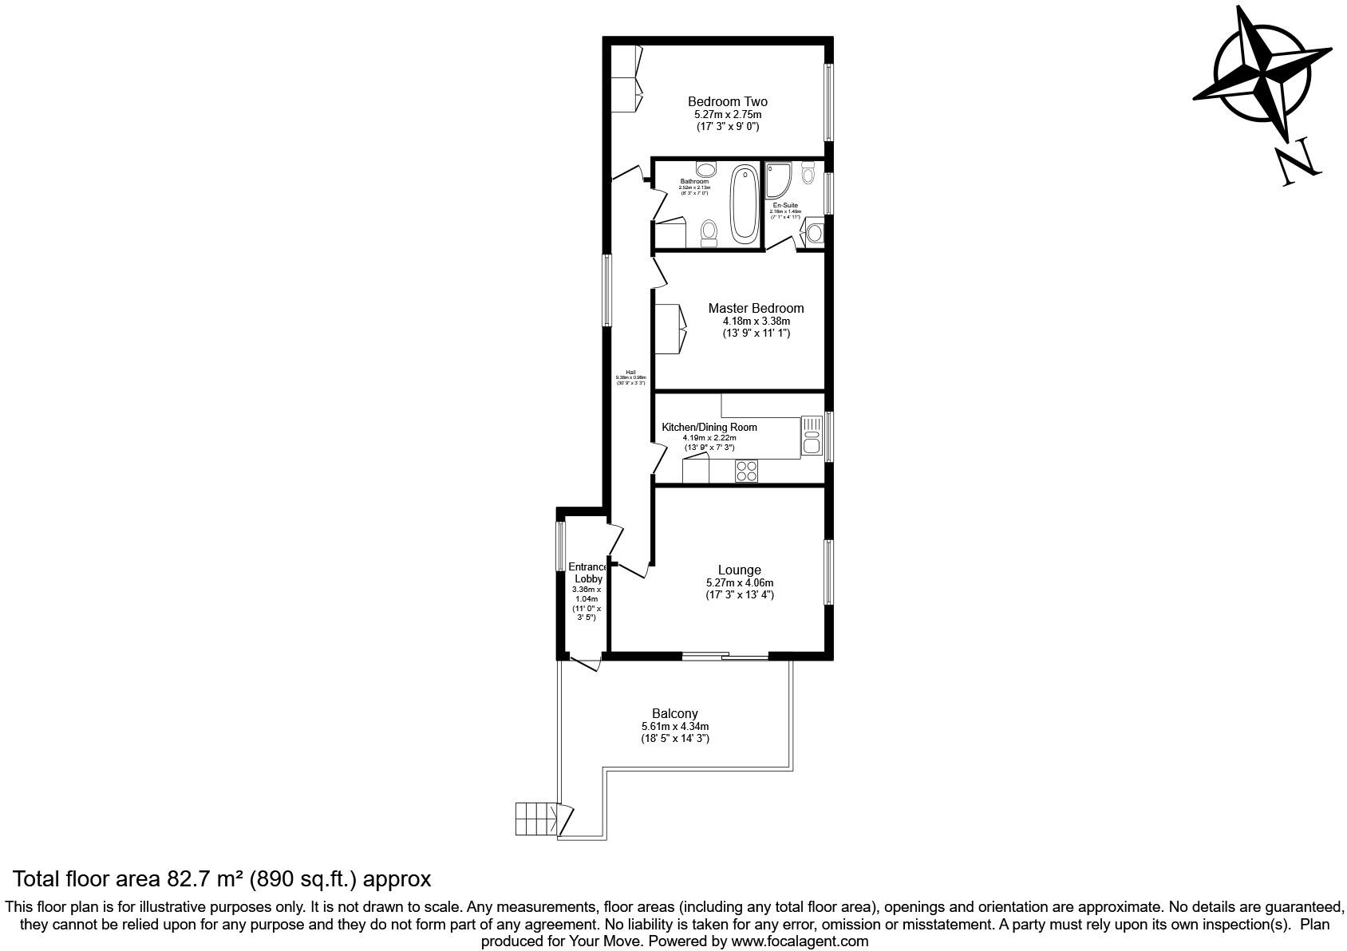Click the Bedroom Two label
pyautogui.click(x=727, y=102)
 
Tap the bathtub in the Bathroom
pyautogui.click(x=745, y=203)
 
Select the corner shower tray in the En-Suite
pyautogui.click(x=777, y=180)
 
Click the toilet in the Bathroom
pyautogui.click(x=709, y=233)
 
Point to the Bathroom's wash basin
pyautogui.click(x=705, y=169)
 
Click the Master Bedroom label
pyautogui.click(x=756, y=309)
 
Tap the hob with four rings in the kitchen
pyautogui.click(x=747, y=472)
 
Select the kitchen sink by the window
pyautogui.click(x=812, y=436)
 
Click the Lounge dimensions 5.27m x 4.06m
pyautogui.click(x=739, y=583)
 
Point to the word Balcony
pyautogui.click(x=674, y=714)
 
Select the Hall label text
pyautogui.click(x=630, y=373)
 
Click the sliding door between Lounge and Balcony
pyautogui.click(x=725, y=657)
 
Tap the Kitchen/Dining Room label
pyautogui.click(x=709, y=428)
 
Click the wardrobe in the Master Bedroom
pyautogui.click(x=670, y=329)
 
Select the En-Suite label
pyautogui.click(x=784, y=205)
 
